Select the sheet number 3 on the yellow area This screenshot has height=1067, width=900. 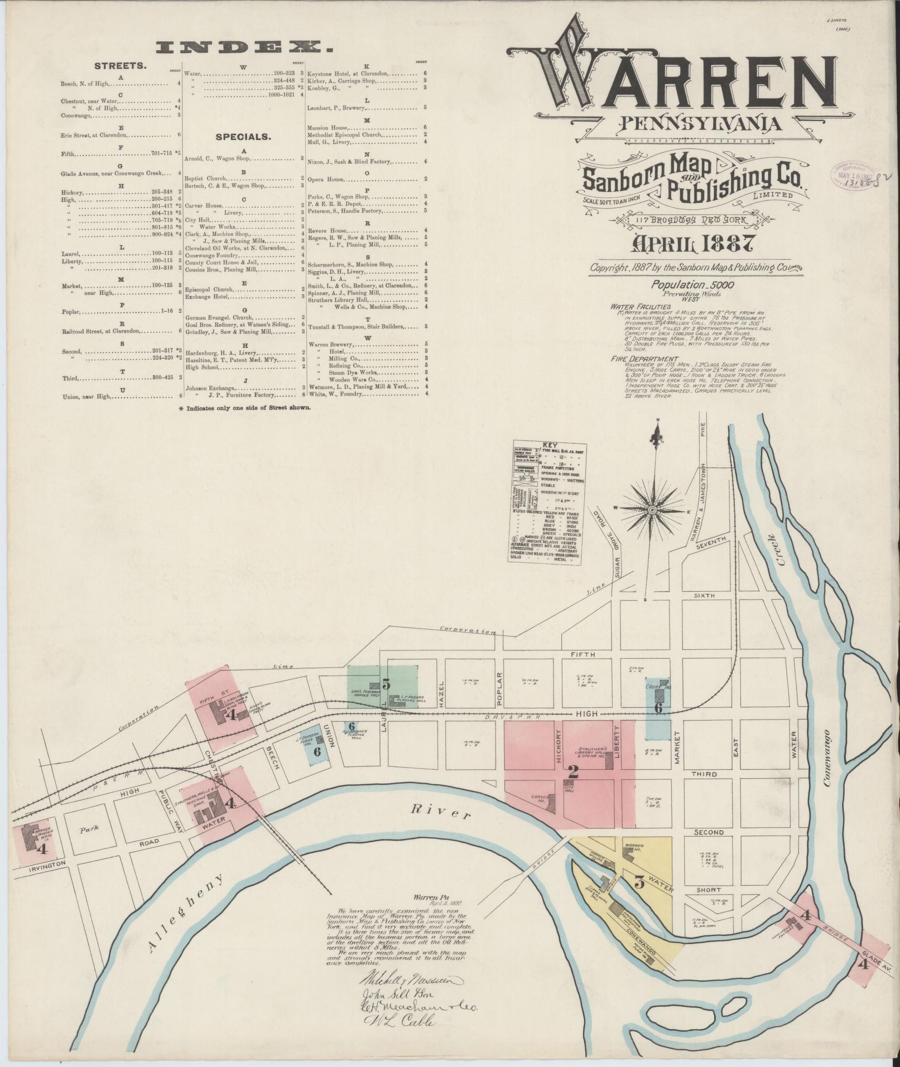(639, 882)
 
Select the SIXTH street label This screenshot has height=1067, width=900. (704, 595)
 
